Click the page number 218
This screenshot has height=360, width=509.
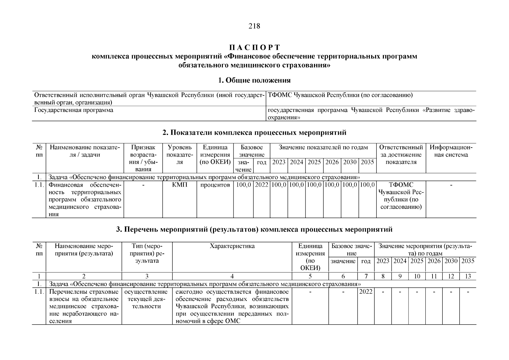(254, 26)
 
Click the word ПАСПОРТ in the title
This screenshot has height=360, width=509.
(254, 47)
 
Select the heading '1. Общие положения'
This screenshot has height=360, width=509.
(254, 80)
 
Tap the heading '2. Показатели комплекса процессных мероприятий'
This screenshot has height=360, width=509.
(254, 132)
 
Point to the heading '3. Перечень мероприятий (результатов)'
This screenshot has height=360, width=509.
(254, 229)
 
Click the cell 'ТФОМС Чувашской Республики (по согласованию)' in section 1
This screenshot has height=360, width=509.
(340, 95)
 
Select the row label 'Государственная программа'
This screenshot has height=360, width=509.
(74, 110)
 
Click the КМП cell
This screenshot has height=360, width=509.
(180, 185)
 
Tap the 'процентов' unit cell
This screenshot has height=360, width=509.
(215, 185)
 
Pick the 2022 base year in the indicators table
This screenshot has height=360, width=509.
(262, 185)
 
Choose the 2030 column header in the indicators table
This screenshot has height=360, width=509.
(350, 162)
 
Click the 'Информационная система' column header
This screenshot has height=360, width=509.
(451, 151)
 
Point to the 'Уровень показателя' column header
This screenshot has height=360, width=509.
(180, 155)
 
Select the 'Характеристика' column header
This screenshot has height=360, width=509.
(232, 246)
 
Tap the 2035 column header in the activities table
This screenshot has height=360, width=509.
(468, 261)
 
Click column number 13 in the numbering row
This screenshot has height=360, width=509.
(468, 276)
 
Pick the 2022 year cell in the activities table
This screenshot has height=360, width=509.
(366, 292)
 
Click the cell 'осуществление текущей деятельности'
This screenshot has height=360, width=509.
(147, 299)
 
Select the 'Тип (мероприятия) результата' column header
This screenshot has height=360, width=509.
(147, 253)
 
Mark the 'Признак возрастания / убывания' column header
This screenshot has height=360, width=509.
(143, 158)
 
